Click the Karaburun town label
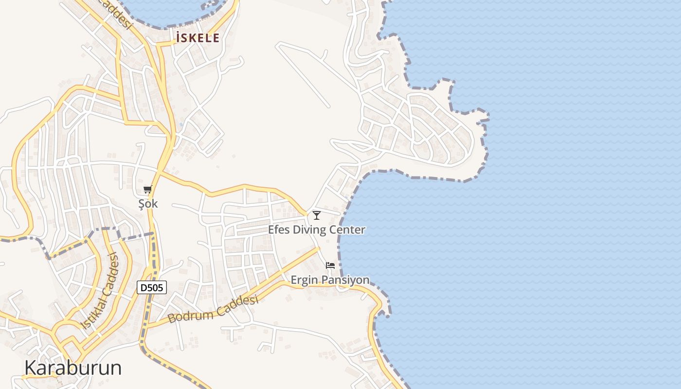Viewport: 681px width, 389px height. pyautogui.click(x=73, y=368)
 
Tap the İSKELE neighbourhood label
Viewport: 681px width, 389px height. pyautogui.click(x=197, y=38)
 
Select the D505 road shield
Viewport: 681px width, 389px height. pyautogui.click(x=152, y=288)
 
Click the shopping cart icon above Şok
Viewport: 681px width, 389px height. pyautogui.click(x=148, y=189)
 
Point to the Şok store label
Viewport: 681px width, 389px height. pyautogui.click(x=148, y=204)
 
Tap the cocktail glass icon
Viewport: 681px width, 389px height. pyautogui.click(x=317, y=215)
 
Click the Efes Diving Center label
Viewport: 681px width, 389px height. pyautogui.click(x=317, y=230)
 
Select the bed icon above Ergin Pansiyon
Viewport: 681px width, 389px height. pyautogui.click(x=330, y=265)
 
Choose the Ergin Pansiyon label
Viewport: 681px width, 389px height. pyautogui.click(x=330, y=280)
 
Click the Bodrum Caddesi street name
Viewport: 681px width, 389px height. pyautogui.click(x=213, y=310)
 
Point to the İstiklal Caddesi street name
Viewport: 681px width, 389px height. pyautogui.click(x=99, y=291)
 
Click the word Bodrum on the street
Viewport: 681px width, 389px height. pyautogui.click(x=191, y=316)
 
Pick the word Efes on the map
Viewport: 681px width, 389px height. pyautogui.click(x=279, y=230)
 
